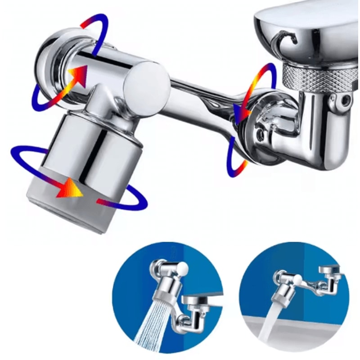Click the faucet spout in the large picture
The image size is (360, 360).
coord(306,27)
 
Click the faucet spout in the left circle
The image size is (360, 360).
coord(198,301)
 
